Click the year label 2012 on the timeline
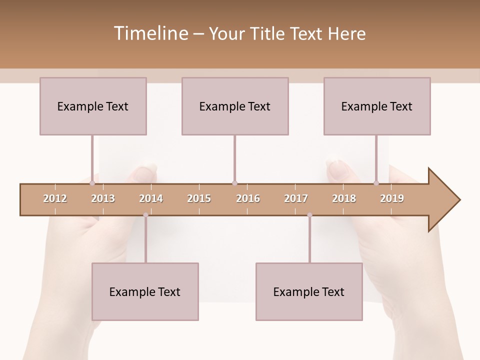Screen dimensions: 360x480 pos(55,198)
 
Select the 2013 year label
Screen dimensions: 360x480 pos(103,198)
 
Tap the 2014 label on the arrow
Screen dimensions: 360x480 pos(151,198)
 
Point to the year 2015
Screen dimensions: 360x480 pos(199,198)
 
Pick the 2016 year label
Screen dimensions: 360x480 pos(248,198)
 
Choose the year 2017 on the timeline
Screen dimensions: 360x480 pos(296,198)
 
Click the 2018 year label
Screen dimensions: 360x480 pos(344,198)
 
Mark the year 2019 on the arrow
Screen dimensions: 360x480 pos(392,198)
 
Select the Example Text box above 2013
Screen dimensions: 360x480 pos(93,106)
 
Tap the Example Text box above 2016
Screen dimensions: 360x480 pos(235,106)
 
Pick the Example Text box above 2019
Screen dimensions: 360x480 pos(377,106)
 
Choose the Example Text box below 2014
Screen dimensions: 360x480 pos(145,291)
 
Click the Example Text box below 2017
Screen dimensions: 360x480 pos(309,291)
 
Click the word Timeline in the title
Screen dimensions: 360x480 pos(150,33)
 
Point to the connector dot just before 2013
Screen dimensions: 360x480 pos(92,183)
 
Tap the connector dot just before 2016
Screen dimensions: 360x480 pos(234,183)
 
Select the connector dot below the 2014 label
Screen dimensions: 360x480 pos(145,215)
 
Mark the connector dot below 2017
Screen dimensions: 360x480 pos(309,215)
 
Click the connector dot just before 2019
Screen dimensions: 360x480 pos(376,183)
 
